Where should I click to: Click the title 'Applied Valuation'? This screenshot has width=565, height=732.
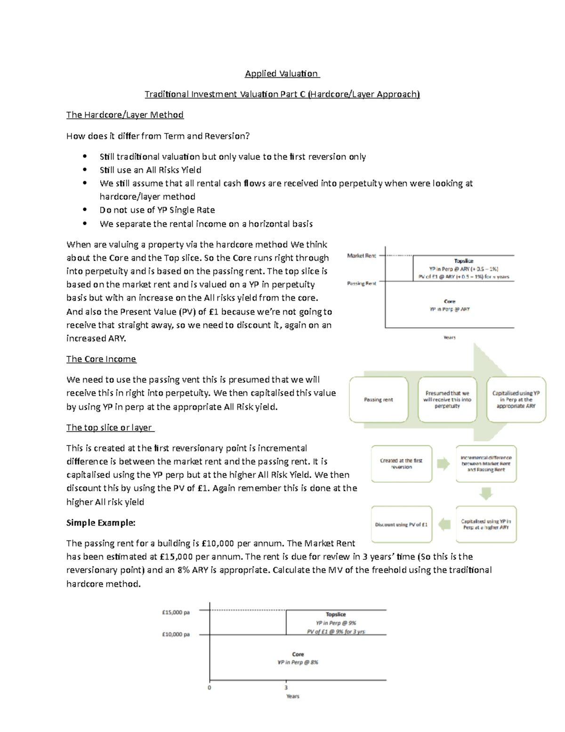point(282,74)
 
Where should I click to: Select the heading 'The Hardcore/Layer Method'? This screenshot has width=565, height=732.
point(125,115)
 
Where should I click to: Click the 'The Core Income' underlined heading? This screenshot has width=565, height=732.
point(101,359)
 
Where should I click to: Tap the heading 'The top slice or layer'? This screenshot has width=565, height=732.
point(110,428)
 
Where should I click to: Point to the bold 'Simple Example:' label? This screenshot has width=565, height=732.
point(101,523)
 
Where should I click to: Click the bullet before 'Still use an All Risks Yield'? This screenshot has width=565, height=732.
point(85,170)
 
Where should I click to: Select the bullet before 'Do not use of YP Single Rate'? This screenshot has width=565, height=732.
point(85,210)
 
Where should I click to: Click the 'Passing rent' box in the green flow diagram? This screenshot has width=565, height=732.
point(379,400)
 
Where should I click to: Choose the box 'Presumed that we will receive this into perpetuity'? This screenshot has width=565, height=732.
point(447,400)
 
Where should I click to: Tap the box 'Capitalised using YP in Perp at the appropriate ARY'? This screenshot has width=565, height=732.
point(516,400)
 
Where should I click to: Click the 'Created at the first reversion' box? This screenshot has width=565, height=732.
point(402,464)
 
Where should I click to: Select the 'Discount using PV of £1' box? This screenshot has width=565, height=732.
point(402,525)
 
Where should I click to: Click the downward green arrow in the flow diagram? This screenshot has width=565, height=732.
point(486,493)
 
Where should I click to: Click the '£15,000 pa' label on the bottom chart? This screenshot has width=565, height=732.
point(176,613)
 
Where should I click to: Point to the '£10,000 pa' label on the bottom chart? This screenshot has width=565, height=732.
point(176,634)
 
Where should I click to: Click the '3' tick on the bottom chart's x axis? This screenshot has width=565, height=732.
point(286,688)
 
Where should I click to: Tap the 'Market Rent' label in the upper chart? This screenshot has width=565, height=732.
point(362,256)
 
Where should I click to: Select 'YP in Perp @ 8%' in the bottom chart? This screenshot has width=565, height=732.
point(298,662)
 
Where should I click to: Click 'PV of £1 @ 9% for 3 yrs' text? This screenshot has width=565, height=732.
point(336,632)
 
